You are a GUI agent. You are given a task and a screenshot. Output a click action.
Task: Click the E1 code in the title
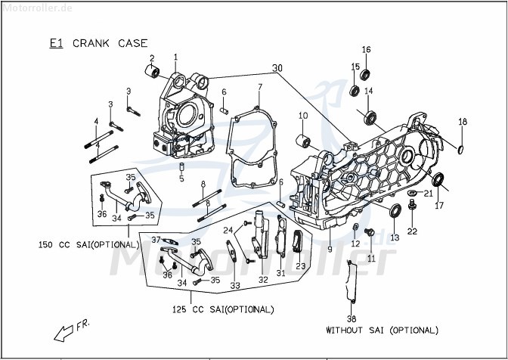pyautogui.click(x=56, y=44)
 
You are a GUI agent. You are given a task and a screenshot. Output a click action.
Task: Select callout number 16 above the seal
pyautogui.click(x=366, y=50)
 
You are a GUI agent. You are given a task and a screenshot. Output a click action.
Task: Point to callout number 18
pyautogui.click(x=463, y=122)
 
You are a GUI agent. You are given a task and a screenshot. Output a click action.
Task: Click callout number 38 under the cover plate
pyautogui.click(x=351, y=318)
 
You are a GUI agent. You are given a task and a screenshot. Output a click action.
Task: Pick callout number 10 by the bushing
pyautogui.click(x=302, y=116)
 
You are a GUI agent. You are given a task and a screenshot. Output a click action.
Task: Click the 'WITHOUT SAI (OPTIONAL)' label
pyautogui.click(x=382, y=331)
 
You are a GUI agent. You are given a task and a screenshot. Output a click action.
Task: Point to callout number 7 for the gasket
pyautogui.click(x=259, y=87)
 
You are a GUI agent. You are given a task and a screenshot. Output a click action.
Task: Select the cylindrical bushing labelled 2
pyautogui.click(x=153, y=73)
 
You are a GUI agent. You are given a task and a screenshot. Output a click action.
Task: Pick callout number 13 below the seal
pyautogui.click(x=394, y=238)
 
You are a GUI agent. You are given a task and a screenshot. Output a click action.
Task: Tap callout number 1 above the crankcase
pyautogui.click(x=175, y=57)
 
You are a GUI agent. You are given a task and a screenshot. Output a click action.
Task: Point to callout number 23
pyautogui.click(x=300, y=265)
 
